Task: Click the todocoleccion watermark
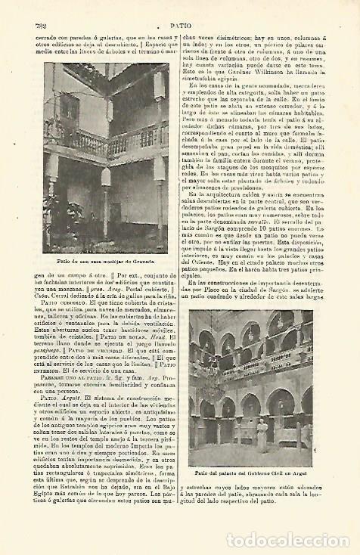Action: [290, 540]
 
